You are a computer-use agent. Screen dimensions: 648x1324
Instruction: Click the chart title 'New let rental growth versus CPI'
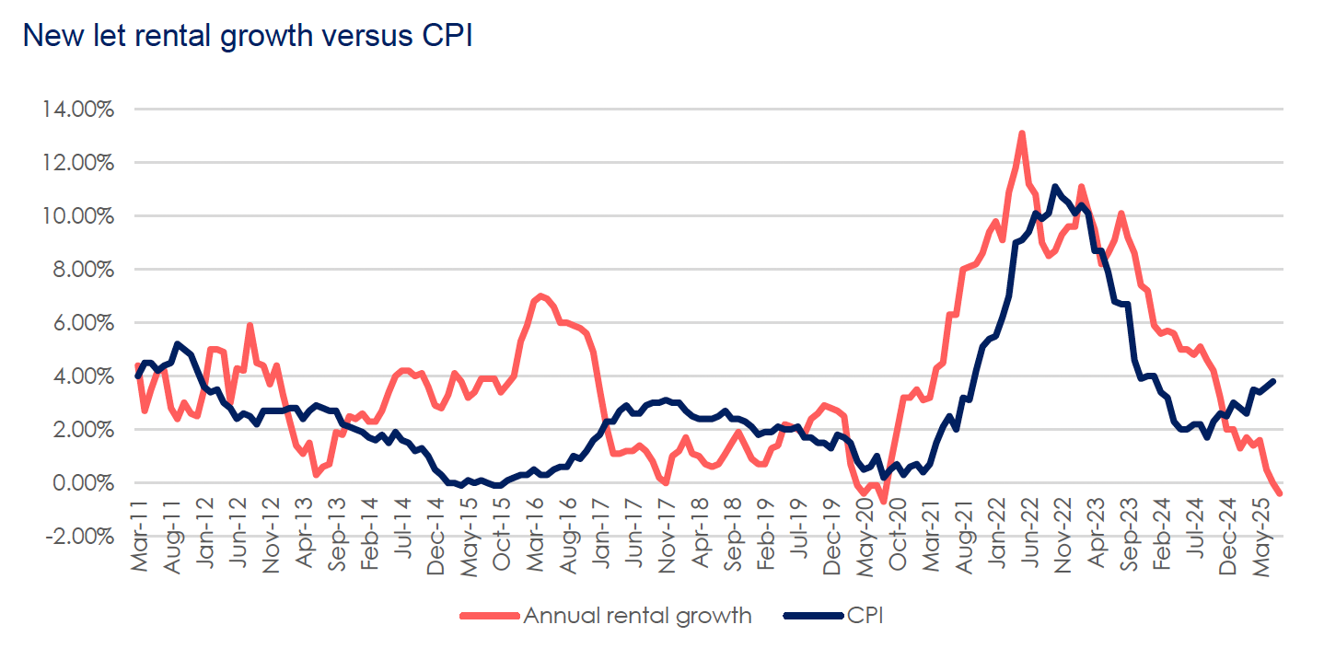(247, 35)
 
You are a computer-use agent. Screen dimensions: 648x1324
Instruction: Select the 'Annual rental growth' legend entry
(636, 616)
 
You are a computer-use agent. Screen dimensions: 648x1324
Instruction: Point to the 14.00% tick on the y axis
(78, 110)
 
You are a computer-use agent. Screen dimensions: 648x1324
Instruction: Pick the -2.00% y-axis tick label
(78, 537)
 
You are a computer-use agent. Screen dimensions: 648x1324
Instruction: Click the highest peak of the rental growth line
(1022, 133)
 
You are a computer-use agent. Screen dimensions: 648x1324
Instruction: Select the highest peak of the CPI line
(1054, 187)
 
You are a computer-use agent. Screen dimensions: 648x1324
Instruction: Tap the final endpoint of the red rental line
(1280, 493)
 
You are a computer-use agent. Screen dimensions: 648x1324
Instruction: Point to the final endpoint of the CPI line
(1273, 381)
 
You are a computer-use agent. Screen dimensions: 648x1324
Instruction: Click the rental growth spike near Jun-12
(250, 326)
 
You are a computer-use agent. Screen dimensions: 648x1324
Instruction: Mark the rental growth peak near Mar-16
(540, 295)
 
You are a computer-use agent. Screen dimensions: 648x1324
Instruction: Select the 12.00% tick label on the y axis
(78, 163)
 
